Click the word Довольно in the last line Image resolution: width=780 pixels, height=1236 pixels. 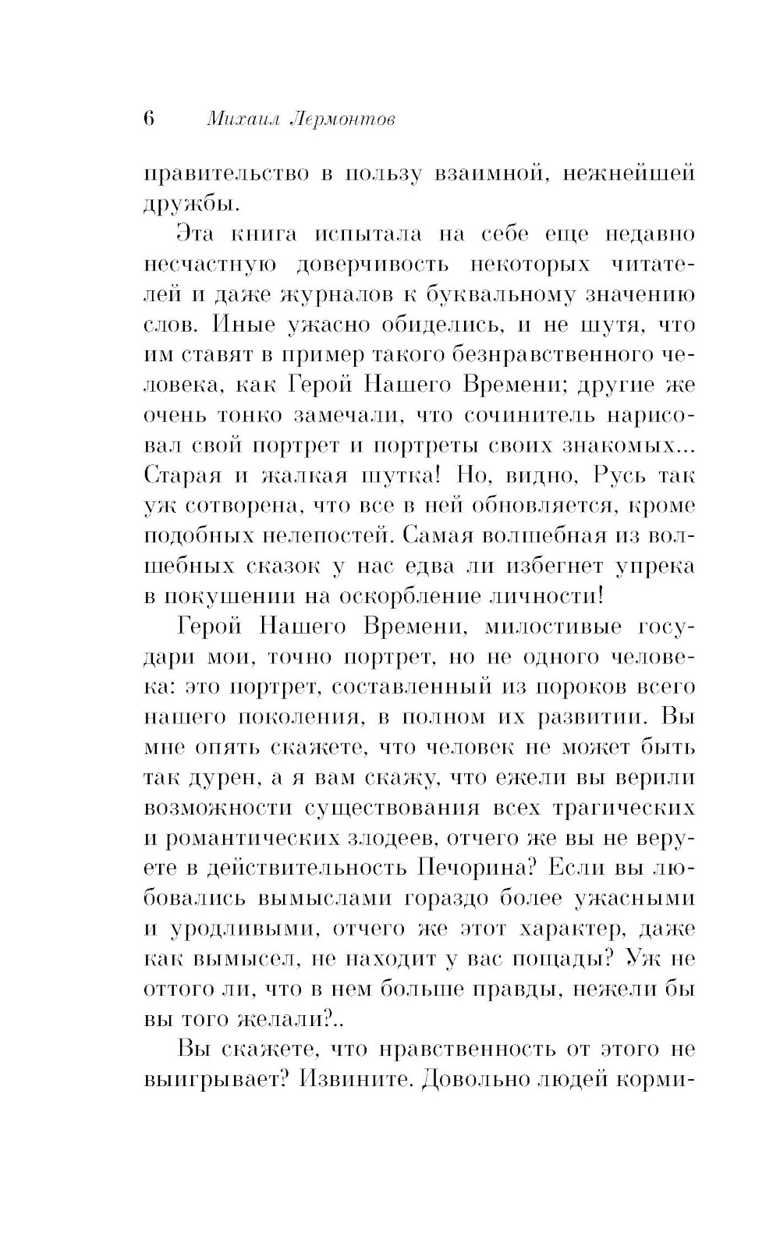click(x=472, y=1079)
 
